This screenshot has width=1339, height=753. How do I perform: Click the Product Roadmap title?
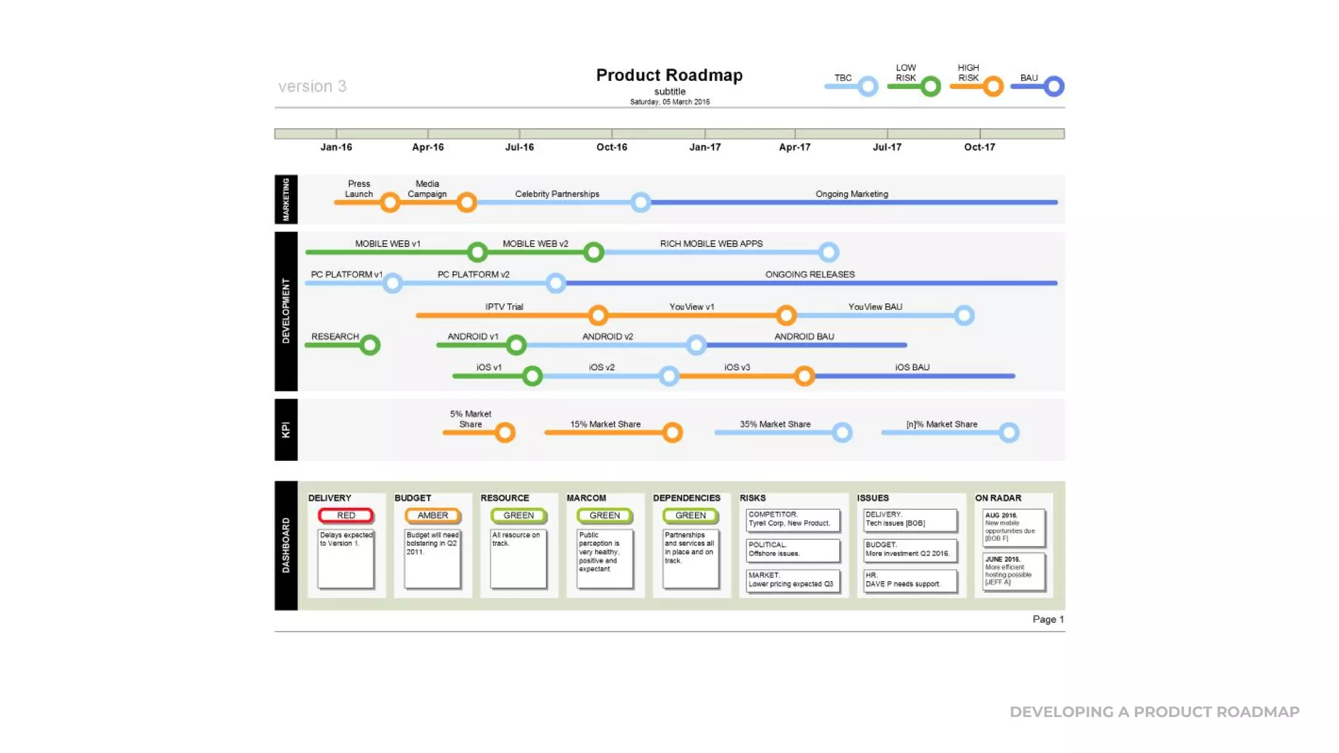[669, 75]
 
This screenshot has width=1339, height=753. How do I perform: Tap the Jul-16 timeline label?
[519, 147]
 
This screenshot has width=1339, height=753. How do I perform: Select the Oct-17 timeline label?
[979, 147]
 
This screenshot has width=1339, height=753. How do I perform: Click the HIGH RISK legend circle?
[993, 86]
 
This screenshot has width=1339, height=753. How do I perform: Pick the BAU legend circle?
[1053, 86]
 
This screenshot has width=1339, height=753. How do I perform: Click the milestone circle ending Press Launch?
[390, 203]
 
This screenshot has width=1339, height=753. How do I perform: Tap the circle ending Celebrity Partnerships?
[641, 203]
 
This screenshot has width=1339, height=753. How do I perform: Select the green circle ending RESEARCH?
[370, 345]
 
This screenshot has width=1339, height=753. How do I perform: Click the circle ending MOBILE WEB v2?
[594, 252]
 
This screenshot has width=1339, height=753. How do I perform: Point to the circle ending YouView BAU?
[964, 316]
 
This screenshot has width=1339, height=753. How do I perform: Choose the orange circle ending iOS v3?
[804, 376]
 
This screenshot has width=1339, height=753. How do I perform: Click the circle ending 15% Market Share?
[672, 433]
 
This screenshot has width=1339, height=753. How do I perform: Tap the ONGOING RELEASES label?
[809, 275]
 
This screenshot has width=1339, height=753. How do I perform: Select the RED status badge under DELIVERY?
[346, 516]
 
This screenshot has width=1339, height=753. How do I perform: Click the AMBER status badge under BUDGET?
[433, 516]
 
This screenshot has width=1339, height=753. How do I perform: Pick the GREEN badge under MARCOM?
[605, 516]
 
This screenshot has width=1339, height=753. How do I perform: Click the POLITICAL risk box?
[792, 550]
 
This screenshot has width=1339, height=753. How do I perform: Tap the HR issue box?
[910, 580]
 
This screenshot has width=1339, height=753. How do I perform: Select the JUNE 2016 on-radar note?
[1013, 571]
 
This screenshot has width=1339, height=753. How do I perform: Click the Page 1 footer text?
[1047, 619]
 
